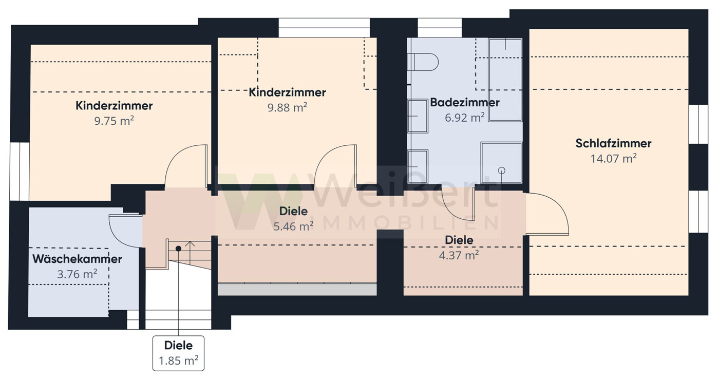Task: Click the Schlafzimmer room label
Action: click(613, 143)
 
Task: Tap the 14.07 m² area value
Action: click(613, 159)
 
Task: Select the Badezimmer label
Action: click(464, 102)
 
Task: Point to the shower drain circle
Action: click(502, 170)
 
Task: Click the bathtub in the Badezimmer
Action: click(505, 80)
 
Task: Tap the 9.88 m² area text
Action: click(287, 107)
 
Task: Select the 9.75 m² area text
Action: click(114, 121)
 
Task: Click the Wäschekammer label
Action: click(77, 259)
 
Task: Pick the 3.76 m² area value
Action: click(77, 274)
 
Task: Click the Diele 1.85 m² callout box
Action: click(178, 353)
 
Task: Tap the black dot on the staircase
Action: click(178, 249)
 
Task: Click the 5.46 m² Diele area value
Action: click(293, 226)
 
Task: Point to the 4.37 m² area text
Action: click(459, 255)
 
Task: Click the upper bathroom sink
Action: click(418, 116)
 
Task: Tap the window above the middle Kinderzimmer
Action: click(324, 28)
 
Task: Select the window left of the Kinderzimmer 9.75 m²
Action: click(20, 171)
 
